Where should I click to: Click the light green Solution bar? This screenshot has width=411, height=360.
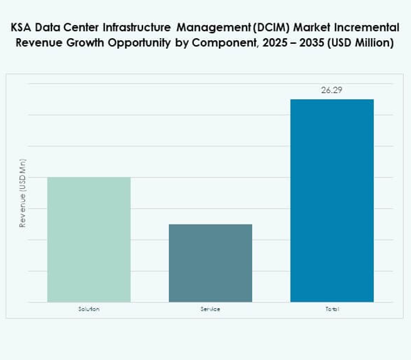[88, 239]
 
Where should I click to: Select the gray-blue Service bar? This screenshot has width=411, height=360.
[210, 263]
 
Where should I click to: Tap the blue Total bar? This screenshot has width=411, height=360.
[332, 200]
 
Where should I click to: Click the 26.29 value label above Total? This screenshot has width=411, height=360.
[332, 90]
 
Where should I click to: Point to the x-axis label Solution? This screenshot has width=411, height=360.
[88, 310]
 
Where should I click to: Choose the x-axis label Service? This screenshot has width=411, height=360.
[210, 310]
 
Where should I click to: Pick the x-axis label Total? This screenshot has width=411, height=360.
[332, 310]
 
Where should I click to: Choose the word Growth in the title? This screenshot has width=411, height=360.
[83, 43]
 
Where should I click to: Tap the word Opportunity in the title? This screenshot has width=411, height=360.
[137, 43]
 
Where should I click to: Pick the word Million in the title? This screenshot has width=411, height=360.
[369, 43]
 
